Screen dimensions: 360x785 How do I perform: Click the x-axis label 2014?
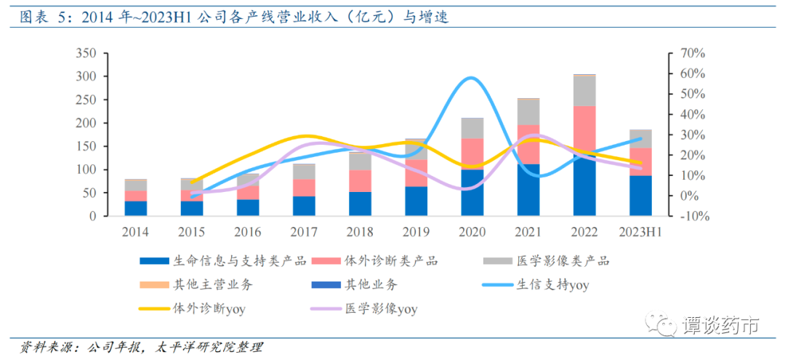136,231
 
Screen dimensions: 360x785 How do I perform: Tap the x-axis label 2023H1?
640,231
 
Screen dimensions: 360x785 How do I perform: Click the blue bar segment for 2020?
472,193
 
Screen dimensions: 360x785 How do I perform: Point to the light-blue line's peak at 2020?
471,78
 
